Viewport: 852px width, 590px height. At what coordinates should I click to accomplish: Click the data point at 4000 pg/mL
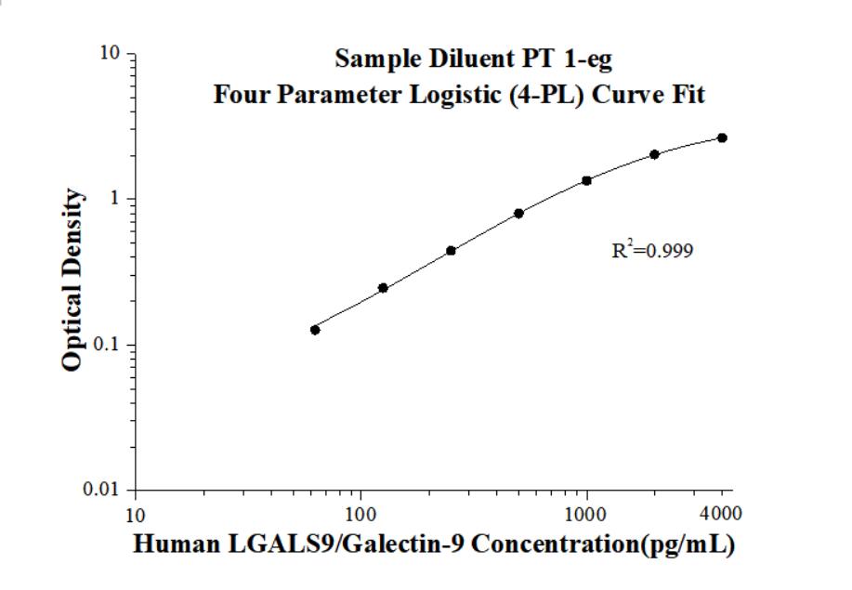pyautogui.click(x=722, y=138)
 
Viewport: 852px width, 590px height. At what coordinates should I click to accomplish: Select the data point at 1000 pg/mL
pyautogui.click(x=586, y=180)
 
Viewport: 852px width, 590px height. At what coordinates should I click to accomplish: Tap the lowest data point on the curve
pyautogui.click(x=315, y=330)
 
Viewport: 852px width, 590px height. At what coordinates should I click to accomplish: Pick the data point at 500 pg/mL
pyautogui.click(x=518, y=214)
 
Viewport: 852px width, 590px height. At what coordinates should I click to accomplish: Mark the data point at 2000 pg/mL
pyautogui.click(x=654, y=154)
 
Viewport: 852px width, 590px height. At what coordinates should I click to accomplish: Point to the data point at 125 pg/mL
pyautogui.click(x=383, y=288)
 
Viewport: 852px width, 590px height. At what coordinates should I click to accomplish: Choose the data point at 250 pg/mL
pyautogui.click(x=451, y=251)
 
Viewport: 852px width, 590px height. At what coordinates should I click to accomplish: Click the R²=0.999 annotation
pyautogui.click(x=652, y=250)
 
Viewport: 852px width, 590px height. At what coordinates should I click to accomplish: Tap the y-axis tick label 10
pyautogui.click(x=111, y=54)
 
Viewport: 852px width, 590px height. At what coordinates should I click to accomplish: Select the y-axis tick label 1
pyautogui.click(x=117, y=199)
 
